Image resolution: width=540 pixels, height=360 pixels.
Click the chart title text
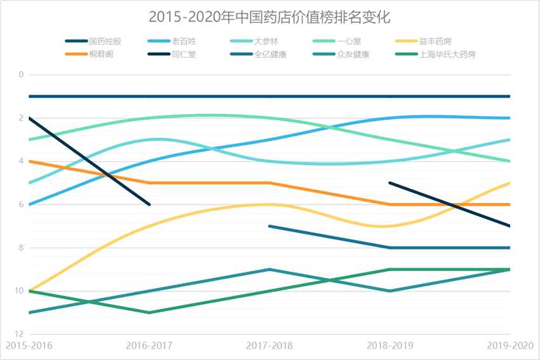point(269,16)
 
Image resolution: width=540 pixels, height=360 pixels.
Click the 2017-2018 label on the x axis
point(269,345)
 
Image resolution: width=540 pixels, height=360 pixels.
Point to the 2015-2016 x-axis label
point(29,345)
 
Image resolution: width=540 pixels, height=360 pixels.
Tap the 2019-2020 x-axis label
point(511,345)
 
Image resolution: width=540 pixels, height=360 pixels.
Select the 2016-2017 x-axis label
point(149,345)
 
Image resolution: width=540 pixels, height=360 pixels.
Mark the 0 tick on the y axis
point(21,75)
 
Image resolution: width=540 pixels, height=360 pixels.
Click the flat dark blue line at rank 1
point(210,97)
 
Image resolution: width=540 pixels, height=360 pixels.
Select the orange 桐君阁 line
point(210,183)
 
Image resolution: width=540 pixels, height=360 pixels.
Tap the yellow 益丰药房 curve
point(210,210)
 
